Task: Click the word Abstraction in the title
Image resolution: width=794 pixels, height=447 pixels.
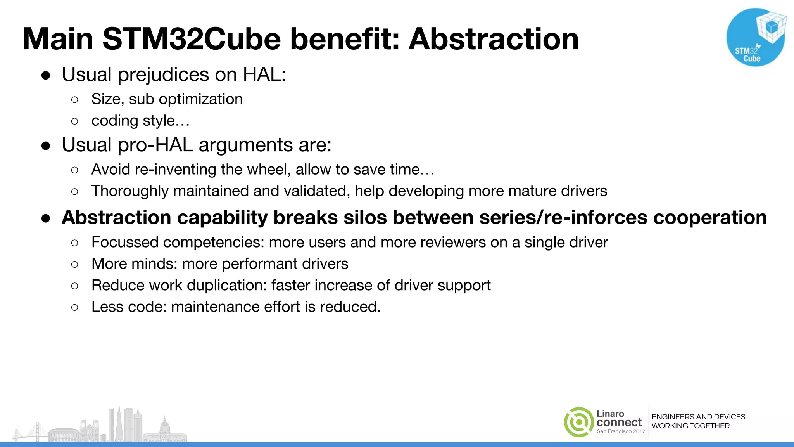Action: pyautogui.click(x=494, y=39)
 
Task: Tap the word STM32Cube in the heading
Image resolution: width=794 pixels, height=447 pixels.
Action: pyautogui.click(x=192, y=39)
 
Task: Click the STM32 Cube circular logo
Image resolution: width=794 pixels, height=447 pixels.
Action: pyautogui.click(x=755, y=37)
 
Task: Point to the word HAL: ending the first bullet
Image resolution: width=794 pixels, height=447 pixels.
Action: pyautogui.click(x=264, y=74)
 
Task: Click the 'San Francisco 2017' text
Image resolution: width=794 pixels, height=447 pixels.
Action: pyautogui.click(x=621, y=431)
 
